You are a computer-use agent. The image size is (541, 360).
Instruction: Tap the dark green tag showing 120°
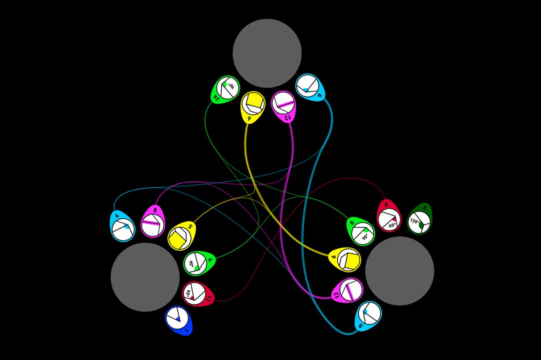click(x=419, y=219)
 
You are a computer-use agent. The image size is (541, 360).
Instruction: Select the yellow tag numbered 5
click(x=181, y=236)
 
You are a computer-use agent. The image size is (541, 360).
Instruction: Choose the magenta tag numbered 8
click(x=152, y=221)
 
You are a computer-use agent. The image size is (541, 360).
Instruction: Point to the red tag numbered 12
click(x=198, y=294)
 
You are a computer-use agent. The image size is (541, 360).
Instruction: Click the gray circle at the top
click(x=267, y=53)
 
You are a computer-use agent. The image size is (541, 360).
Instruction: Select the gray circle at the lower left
click(x=145, y=277)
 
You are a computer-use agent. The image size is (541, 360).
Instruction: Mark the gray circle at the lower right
click(x=399, y=271)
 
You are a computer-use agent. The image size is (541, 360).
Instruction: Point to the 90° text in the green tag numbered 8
click(x=365, y=236)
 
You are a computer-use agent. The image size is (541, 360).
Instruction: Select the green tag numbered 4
click(x=199, y=263)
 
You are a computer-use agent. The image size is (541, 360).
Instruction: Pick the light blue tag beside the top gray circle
click(x=310, y=87)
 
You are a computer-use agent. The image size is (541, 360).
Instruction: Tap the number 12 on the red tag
click(x=208, y=299)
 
